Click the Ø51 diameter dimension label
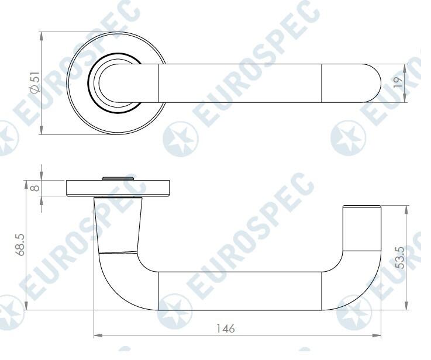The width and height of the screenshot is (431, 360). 35,82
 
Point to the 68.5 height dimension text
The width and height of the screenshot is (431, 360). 20,246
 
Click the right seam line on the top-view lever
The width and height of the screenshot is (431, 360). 322,82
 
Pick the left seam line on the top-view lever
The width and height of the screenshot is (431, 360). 159,82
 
